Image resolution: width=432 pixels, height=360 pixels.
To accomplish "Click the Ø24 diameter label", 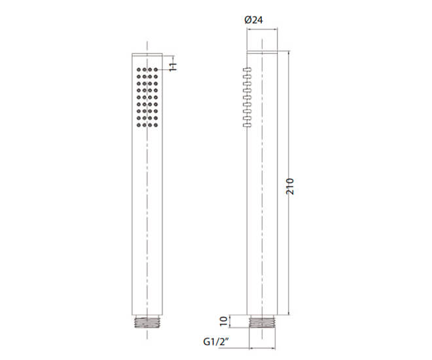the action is tap(253, 20).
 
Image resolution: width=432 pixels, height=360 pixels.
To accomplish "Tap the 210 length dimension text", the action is tap(290, 187).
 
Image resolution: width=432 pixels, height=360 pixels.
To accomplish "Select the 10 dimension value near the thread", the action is tap(224, 321).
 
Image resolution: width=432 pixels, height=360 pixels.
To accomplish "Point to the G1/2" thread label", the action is tap(216, 342).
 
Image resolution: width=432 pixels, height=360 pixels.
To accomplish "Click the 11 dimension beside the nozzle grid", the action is tap(173, 67).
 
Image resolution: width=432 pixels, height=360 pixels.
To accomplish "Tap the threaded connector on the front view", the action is tap(147, 323).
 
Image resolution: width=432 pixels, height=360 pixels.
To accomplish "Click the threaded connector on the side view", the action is tap(262, 323).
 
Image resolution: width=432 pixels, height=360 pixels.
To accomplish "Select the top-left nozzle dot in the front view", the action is tap(139, 69).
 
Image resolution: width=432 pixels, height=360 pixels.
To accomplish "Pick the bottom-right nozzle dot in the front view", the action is tap(156, 125).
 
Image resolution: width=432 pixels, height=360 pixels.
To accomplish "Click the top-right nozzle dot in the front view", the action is tap(156, 69).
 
